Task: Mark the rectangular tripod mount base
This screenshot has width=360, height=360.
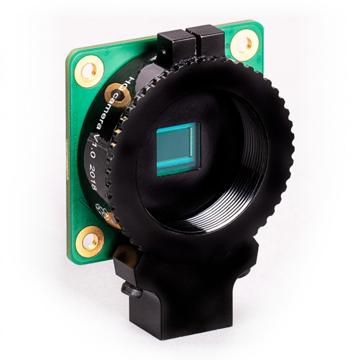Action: click(180, 315)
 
